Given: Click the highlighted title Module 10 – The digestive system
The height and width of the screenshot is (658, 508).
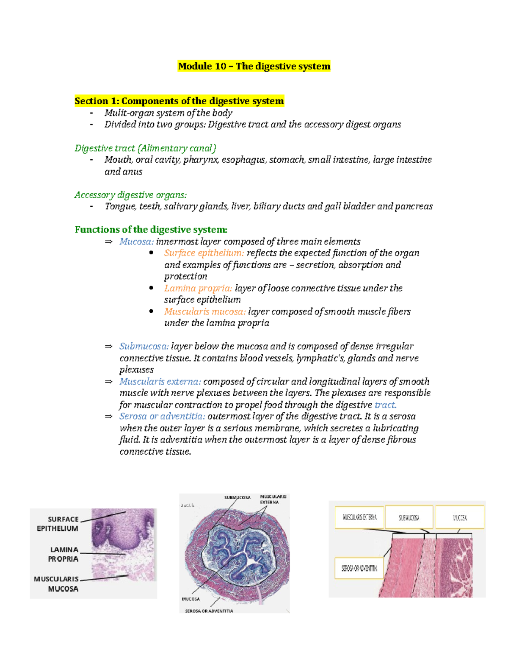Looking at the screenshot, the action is pos(254,66).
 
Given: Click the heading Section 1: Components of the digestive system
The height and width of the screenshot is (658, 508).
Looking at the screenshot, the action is pos(179,101).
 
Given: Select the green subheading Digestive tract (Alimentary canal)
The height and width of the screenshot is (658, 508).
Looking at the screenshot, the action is pos(145,148).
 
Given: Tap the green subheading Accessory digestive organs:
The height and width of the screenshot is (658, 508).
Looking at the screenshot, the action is pos(130,195).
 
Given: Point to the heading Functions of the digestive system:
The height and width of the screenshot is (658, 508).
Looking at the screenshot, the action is pos(151,230).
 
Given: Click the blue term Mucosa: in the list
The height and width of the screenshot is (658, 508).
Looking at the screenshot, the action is pos(136,242).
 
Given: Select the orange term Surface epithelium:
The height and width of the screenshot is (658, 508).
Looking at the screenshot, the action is pos(204,253).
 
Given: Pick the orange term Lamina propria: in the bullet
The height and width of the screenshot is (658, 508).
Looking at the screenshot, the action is pos(198,288).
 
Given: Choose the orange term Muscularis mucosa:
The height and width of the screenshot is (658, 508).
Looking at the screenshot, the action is pos(205,311).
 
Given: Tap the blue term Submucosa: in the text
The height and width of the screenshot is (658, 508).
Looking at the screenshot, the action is pos(144,346).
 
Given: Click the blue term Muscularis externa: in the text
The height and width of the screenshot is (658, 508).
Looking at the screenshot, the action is pos(160,381).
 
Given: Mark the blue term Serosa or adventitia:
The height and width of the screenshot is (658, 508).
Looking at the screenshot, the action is pos(162,416).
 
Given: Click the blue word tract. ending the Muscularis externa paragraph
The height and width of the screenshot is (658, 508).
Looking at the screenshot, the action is pos(385,405).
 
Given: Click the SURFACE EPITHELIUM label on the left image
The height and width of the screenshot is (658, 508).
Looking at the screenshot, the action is pos(58,524).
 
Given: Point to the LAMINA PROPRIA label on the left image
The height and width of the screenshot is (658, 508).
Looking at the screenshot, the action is pos(63,554).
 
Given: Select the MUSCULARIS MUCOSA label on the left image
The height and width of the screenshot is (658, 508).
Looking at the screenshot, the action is pos(57,584).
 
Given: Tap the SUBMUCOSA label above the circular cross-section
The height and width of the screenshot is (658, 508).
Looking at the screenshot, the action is pos(237,497).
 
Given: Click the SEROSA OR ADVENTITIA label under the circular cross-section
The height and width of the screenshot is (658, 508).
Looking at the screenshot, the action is pos(209,611).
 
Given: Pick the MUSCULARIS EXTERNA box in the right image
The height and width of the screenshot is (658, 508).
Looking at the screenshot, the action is pos(359,517).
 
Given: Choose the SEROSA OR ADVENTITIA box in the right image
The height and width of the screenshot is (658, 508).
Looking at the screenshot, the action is pos(359,568).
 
